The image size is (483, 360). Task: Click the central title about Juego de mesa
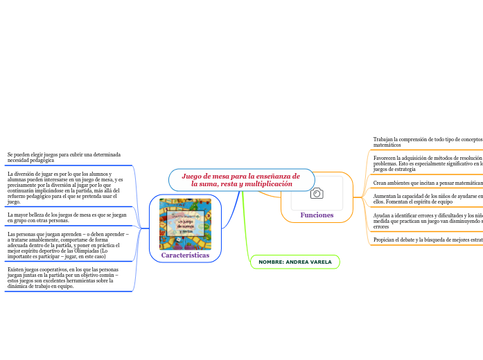[x=241, y=180]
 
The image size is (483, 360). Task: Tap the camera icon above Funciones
[x=317, y=193]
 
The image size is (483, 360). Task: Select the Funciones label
[x=317, y=215]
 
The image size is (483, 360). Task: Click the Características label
[x=185, y=255]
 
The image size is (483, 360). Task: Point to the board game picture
[x=185, y=224]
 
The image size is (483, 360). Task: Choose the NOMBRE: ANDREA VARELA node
[x=295, y=262]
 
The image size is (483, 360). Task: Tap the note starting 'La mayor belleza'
[x=67, y=217]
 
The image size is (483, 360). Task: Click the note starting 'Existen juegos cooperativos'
[x=67, y=277]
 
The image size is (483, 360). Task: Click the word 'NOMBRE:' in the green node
[x=271, y=262]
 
